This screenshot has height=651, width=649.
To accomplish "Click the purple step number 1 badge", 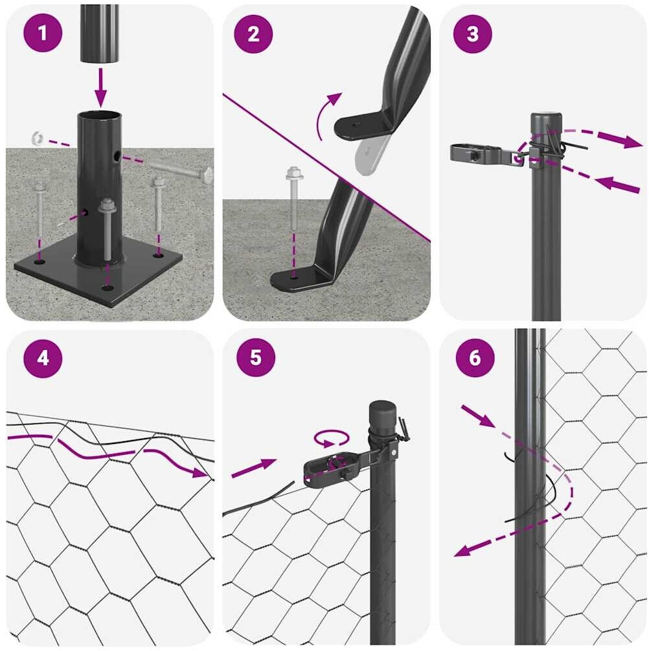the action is (x=43, y=33).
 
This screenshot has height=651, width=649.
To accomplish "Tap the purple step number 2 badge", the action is (x=253, y=34).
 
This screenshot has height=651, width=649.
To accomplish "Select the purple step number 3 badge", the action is (x=472, y=34).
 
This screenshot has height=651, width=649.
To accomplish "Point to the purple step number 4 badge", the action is (x=43, y=358).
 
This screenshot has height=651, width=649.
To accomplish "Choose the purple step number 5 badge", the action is (x=256, y=357).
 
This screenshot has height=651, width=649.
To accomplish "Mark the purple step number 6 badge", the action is (x=475, y=357).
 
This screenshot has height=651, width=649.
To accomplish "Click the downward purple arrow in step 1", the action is (x=100, y=87).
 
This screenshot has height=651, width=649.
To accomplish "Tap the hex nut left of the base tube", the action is (x=38, y=138).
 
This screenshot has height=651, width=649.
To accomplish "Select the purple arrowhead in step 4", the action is (x=200, y=472).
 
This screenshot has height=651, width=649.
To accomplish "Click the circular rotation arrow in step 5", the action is (x=331, y=439).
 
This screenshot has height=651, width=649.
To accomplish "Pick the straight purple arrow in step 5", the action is (x=254, y=468).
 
